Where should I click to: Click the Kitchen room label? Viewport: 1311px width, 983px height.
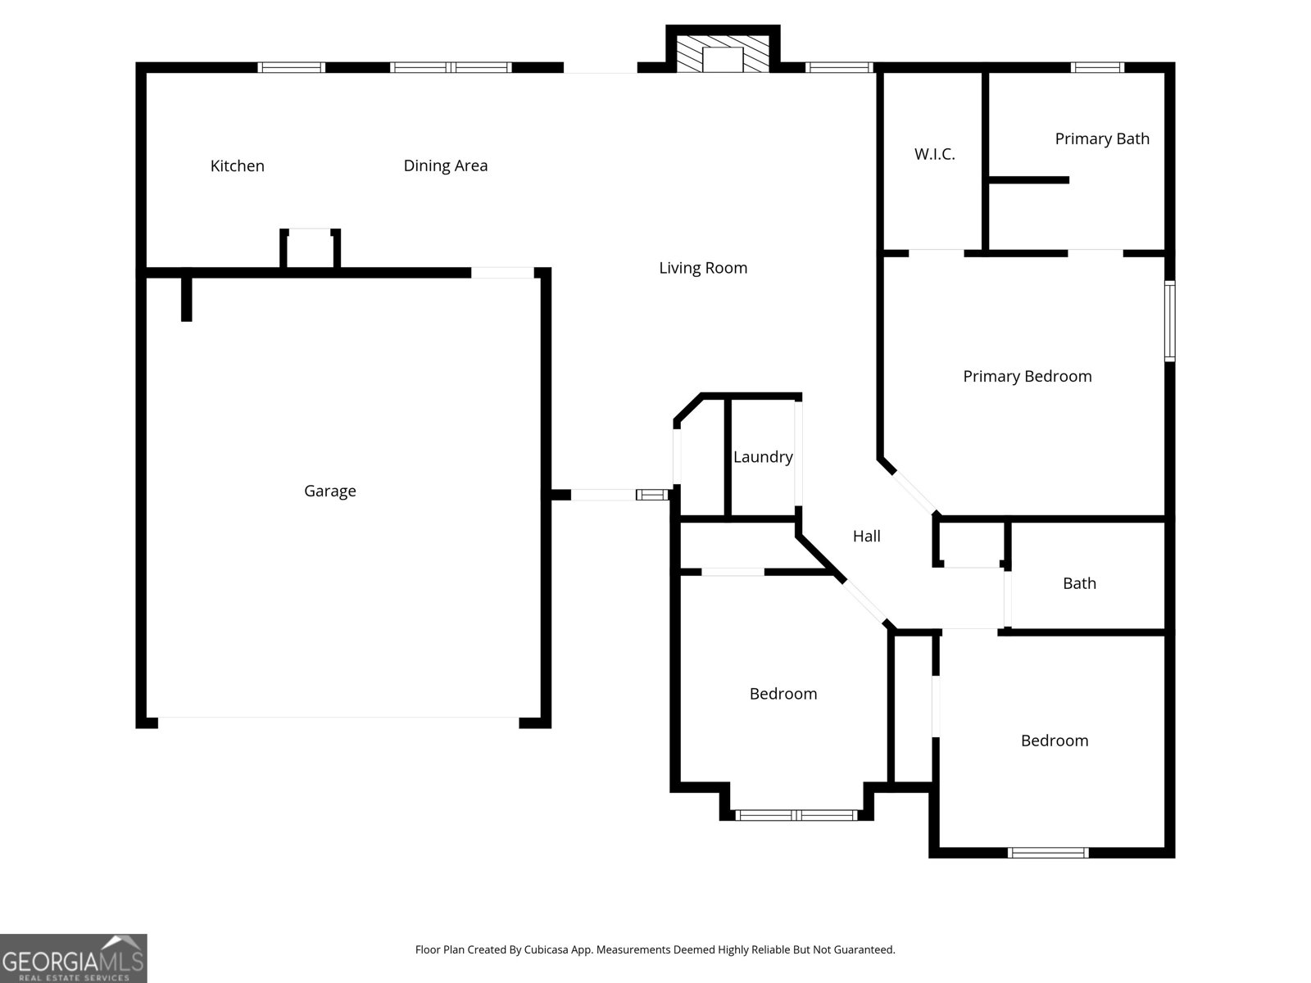pyautogui.click(x=238, y=166)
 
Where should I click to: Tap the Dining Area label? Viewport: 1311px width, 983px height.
pyautogui.click(x=445, y=166)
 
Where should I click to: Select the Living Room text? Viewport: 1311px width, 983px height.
pyautogui.click(x=703, y=268)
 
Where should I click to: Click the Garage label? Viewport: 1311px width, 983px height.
pyautogui.click(x=329, y=491)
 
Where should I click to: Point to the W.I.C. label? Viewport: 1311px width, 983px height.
pyautogui.click(x=934, y=154)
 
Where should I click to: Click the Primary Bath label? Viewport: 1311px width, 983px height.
pyautogui.click(x=1101, y=139)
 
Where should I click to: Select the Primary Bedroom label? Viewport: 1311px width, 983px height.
pyautogui.click(x=1027, y=376)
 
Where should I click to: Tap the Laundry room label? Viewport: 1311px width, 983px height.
pyautogui.click(x=762, y=457)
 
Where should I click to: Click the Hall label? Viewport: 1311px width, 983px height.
pyautogui.click(x=866, y=536)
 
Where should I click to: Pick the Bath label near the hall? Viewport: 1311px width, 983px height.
pyautogui.click(x=1078, y=583)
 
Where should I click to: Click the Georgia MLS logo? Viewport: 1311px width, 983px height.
pyautogui.click(x=73, y=958)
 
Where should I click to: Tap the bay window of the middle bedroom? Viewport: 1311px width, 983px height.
pyautogui.click(x=796, y=815)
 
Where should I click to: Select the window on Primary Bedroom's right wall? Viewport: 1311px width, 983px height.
pyautogui.click(x=1169, y=321)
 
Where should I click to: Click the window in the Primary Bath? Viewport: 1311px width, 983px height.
pyautogui.click(x=1097, y=68)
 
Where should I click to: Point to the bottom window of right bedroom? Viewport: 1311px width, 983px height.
pyautogui.click(x=1048, y=853)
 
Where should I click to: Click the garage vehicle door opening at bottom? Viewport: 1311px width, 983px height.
pyautogui.click(x=338, y=720)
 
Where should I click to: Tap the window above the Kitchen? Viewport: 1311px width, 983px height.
pyautogui.click(x=292, y=68)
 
